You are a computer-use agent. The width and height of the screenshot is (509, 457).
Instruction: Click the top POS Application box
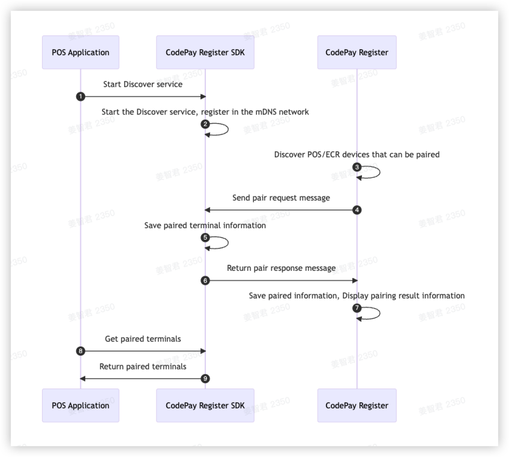(x=80, y=52)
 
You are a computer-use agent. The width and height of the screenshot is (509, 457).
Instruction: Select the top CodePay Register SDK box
(x=205, y=52)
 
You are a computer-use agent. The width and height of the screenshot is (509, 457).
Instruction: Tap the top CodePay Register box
(x=357, y=52)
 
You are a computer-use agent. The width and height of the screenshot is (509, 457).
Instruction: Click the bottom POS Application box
(x=80, y=405)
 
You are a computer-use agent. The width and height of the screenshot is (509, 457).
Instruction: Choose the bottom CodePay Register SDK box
(x=205, y=405)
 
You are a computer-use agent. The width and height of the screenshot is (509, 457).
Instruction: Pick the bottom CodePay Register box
(x=357, y=405)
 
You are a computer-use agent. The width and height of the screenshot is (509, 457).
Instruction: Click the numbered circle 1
(x=80, y=97)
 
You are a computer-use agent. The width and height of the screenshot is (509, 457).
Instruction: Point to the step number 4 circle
(x=357, y=210)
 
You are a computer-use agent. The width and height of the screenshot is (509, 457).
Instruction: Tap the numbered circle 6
(x=205, y=280)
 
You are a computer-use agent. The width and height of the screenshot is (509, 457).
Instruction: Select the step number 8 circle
(x=80, y=351)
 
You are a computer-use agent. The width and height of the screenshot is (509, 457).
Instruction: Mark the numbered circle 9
(x=205, y=378)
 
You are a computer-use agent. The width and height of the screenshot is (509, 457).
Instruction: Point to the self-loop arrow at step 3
(x=372, y=172)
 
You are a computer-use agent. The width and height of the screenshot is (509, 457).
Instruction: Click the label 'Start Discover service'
(x=143, y=84)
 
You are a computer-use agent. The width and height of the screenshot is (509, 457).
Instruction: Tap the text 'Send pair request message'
(x=281, y=198)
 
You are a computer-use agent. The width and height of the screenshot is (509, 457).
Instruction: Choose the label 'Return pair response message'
(x=281, y=268)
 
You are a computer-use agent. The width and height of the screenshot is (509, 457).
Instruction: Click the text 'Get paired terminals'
(x=143, y=339)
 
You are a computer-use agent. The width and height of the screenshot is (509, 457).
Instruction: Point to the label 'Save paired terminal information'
(x=205, y=226)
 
